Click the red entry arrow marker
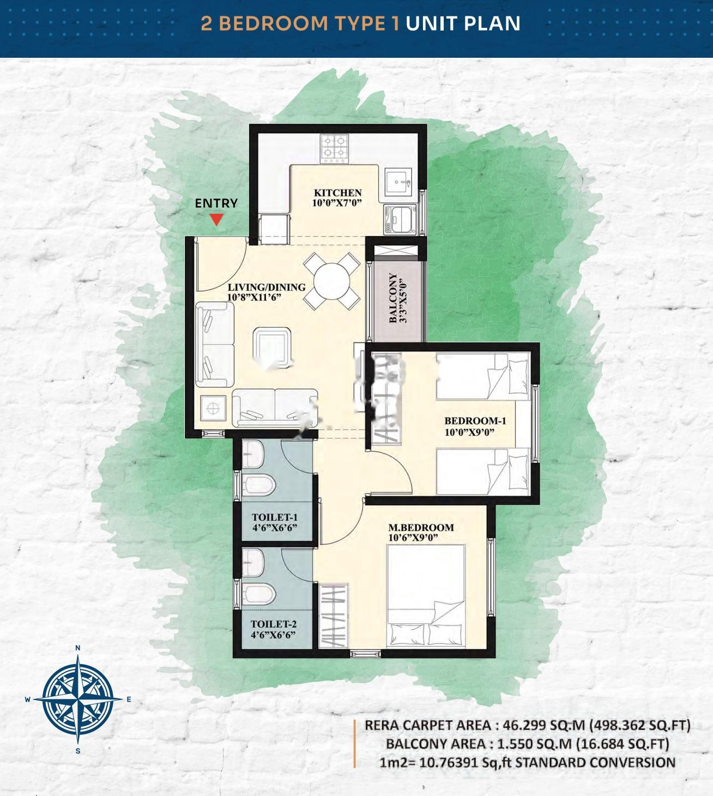click(217, 220)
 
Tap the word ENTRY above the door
click(216, 203)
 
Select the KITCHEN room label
click(337, 192)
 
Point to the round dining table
click(331, 281)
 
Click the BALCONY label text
click(393, 298)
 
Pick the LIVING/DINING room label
click(267, 287)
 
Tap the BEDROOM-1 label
click(475, 420)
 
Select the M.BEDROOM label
click(421, 527)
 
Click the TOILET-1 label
click(274, 517)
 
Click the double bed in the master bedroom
click(425, 597)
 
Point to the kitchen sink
click(400, 183)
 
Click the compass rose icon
click(78, 698)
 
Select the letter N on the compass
click(78, 648)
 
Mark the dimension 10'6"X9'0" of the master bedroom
click(414, 538)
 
